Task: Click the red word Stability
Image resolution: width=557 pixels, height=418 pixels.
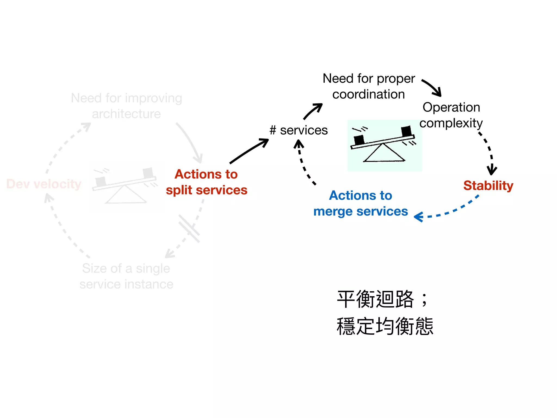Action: (x=488, y=186)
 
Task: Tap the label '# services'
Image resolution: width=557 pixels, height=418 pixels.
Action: (x=299, y=130)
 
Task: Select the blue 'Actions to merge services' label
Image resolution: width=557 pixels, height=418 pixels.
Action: (x=361, y=203)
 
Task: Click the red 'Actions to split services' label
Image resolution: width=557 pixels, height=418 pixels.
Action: (x=207, y=182)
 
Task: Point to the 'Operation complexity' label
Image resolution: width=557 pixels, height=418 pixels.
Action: (x=451, y=115)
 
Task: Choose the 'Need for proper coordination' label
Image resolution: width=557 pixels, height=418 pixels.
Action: (x=369, y=86)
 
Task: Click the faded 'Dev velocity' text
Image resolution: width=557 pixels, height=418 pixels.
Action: (x=44, y=184)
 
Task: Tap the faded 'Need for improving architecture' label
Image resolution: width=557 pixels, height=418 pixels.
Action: (x=126, y=106)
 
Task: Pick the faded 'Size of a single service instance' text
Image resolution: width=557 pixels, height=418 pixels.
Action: (x=126, y=276)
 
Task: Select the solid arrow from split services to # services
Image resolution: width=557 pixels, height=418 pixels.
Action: (x=249, y=151)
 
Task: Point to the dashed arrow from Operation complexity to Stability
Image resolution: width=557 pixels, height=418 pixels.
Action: (x=489, y=152)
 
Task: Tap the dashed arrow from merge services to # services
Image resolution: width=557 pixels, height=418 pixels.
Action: (x=303, y=163)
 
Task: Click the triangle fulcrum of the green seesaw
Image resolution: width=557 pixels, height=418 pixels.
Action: (x=383, y=154)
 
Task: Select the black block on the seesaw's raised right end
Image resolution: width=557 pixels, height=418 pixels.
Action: (x=406, y=131)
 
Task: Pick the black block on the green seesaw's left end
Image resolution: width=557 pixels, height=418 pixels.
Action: (x=359, y=140)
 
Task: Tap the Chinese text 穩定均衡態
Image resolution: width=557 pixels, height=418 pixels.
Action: (x=385, y=326)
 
